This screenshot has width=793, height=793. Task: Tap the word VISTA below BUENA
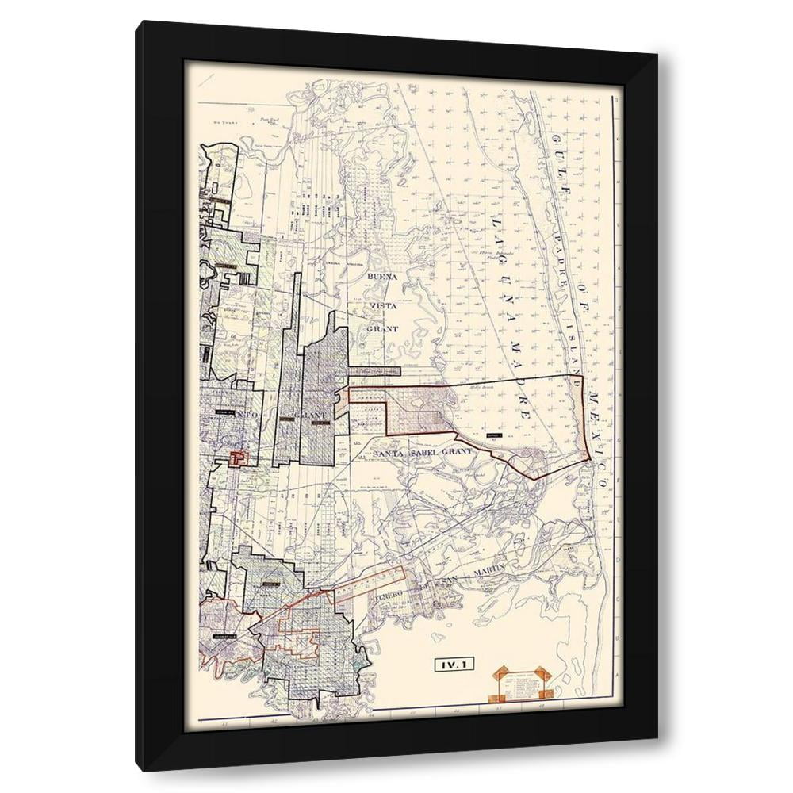click(380, 304)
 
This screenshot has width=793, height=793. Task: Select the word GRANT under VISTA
click(381, 328)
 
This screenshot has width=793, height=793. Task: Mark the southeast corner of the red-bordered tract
click(589, 460)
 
